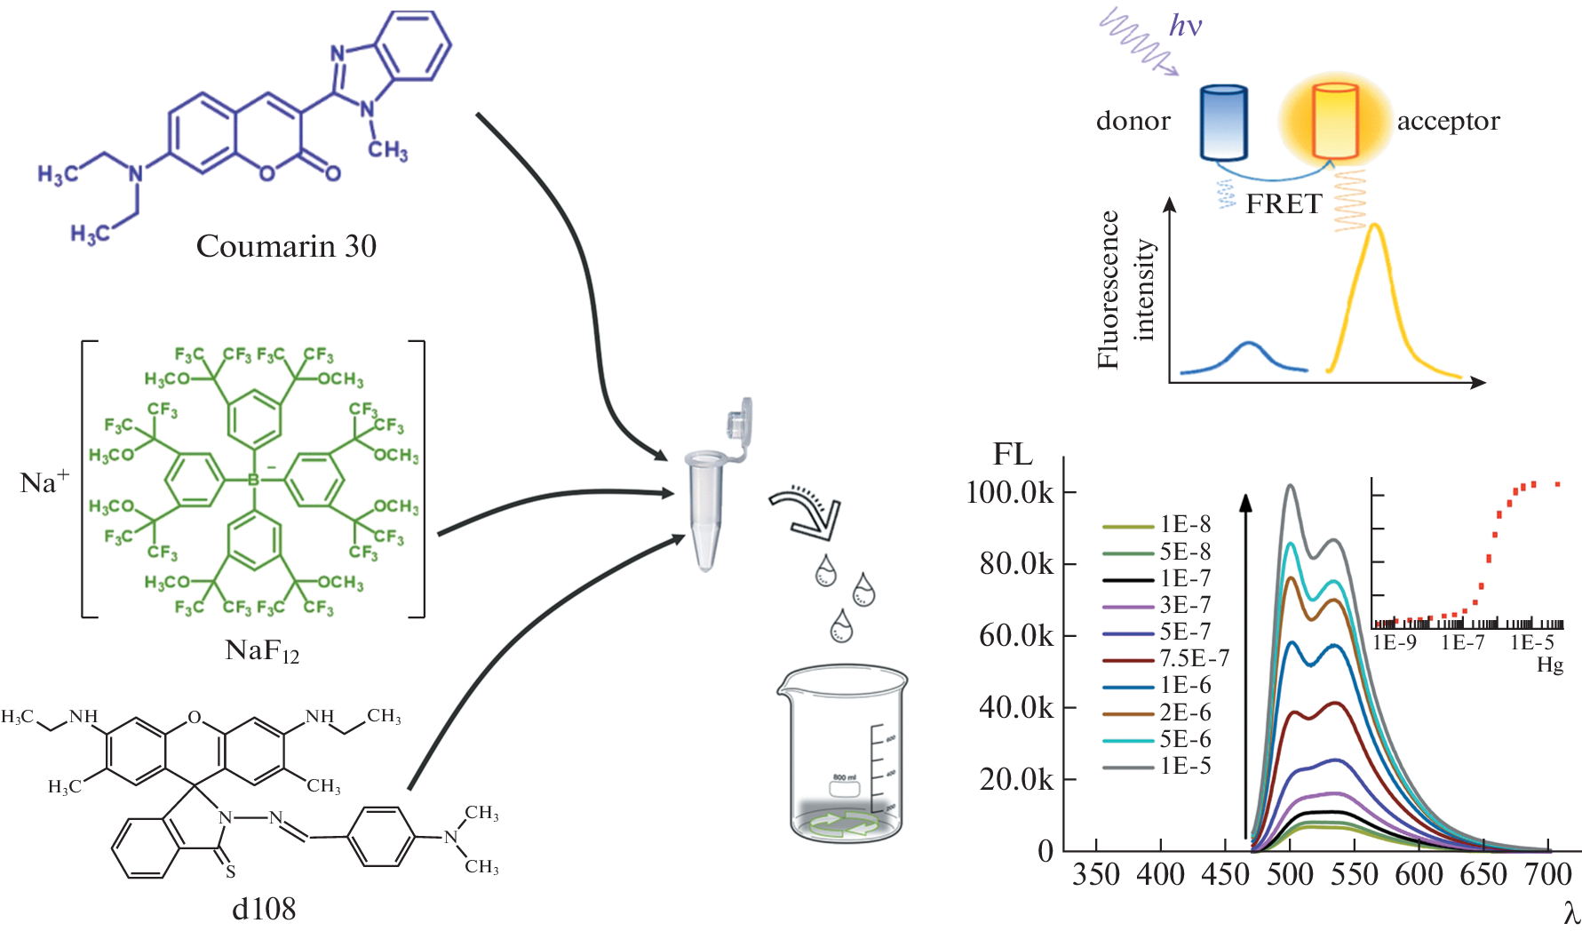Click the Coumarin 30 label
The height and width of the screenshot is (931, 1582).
pos(286,246)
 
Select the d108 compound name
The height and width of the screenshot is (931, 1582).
pos(263,909)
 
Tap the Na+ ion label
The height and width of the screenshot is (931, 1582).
pos(44,482)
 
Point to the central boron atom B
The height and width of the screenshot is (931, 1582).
pos(253,481)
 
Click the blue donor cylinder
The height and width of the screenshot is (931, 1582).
pos(1223,123)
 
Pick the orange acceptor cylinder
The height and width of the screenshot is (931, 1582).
pos(1335,122)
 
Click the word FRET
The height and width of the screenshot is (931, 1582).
pos(1284,204)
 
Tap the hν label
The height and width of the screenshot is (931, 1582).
pos(1185,26)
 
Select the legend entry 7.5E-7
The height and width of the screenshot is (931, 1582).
pos(1194,658)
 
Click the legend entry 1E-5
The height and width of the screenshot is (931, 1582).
pos(1185,766)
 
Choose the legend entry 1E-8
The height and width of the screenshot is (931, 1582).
pos(1185,524)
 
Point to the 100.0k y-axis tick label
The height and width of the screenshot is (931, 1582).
pos(1009,492)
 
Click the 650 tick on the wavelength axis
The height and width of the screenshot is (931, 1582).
pos(1483,875)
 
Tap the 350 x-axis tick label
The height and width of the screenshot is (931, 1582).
pos(1095,875)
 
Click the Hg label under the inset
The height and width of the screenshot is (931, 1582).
pos(1550,664)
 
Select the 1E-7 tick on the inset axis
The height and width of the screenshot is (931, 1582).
pos(1462,642)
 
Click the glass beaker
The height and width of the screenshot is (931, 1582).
pos(845,755)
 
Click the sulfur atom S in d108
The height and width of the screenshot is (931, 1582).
pos(230,871)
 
